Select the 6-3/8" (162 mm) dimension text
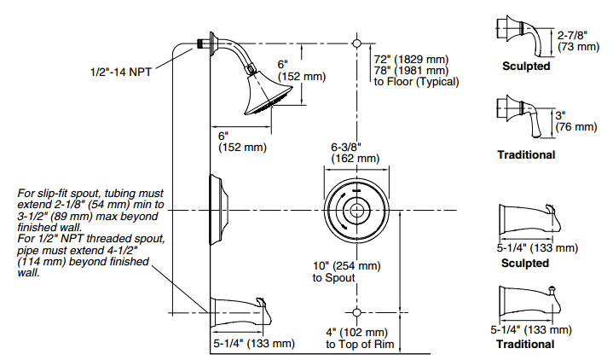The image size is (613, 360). tap(356, 152)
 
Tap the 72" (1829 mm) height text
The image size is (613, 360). tap(410, 59)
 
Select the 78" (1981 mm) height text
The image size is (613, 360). tap(410, 71)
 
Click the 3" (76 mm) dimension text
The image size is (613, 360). tap(575, 120)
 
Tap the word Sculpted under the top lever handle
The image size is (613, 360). tap(526, 67)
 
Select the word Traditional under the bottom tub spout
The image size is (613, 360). tap(526, 344)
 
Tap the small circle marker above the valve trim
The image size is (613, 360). tap(356, 42)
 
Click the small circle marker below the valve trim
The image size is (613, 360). tap(356, 311)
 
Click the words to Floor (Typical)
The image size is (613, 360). tap(416, 83)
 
